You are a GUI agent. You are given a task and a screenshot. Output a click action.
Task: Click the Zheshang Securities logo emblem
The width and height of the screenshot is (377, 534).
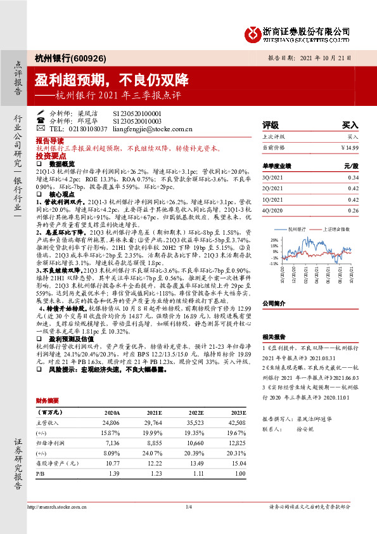[255, 32]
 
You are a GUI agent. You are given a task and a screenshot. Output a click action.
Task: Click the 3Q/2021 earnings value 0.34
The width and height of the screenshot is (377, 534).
[354, 177]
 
